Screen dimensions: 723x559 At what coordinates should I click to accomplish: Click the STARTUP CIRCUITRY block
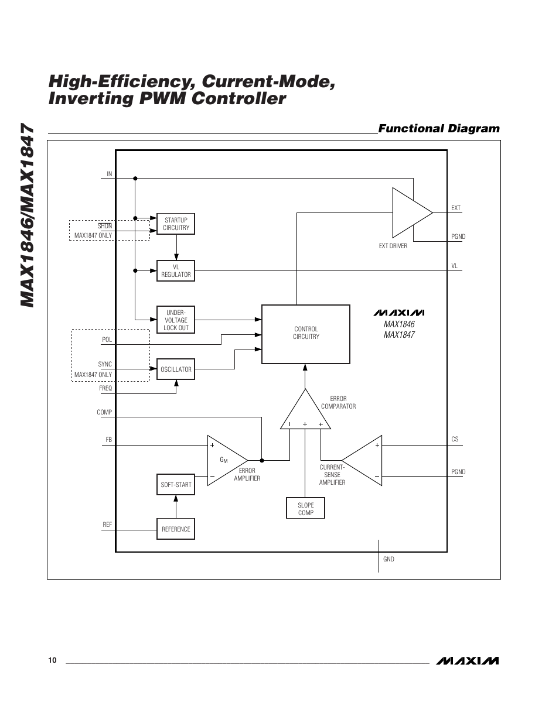point(176,224)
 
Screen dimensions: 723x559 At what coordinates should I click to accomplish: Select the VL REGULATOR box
point(176,270)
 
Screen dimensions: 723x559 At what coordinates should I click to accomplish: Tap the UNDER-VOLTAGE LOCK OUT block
point(176,320)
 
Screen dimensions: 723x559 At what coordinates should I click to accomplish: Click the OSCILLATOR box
point(176,369)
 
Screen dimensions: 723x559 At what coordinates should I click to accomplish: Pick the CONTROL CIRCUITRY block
point(306,334)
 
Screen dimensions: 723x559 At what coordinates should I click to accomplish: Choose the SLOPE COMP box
point(305,509)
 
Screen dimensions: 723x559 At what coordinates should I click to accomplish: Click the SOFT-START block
point(176,485)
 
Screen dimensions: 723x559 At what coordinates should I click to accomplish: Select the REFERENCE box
point(176,529)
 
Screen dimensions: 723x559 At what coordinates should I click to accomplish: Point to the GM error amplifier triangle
point(226,460)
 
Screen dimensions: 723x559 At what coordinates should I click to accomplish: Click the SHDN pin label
point(105,225)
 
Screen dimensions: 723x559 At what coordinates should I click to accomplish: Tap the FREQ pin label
point(105,388)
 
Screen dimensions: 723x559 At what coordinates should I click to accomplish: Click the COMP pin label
point(104,412)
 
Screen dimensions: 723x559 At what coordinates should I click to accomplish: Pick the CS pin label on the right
point(455,439)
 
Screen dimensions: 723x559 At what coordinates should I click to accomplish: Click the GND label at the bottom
point(388,559)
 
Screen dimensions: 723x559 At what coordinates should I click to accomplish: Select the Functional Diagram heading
point(439,128)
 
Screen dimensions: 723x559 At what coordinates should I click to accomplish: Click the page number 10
point(53,660)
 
